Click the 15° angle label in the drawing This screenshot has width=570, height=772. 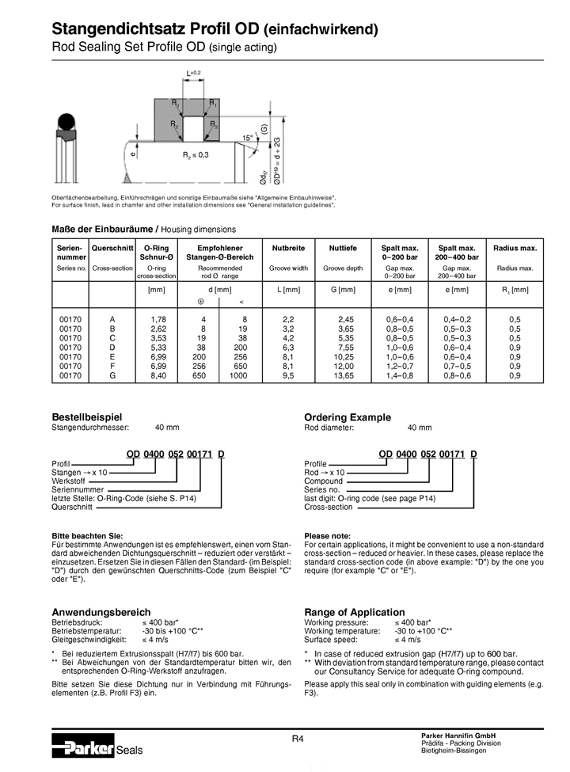pyautogui.click(x=248, y=138)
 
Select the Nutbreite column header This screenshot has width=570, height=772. pyautogui.click(x=288, y=249)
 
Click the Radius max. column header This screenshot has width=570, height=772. pyautogui.click(x=515, y=249)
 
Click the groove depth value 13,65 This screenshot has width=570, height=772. pyautogui.click(x=343, y=375)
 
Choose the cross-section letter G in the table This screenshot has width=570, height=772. pyautogui.click(x=112, y=375)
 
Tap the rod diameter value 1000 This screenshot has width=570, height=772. pyautogui.click(x=237, y=375)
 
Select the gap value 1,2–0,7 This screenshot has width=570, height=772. pyautogui.click(x=399, y=366)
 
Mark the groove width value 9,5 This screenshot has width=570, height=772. pyautogui.click(x=288, y=375)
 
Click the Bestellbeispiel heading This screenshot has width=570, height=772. pyautogui.click(x=87, y=416)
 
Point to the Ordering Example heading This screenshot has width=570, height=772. pyautogui.click(x=348, y=416)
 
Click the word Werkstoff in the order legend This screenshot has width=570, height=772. pyautogui.click(x=69, y=481)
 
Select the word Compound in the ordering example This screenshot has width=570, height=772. pyautogui.click(x=324, y=481)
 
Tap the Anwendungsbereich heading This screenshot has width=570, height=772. pyautogui.click(x=101, y=612)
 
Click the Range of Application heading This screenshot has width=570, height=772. pyautogui.click(x=355, y=612)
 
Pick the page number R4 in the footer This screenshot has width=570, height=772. pyautogui.click(x=298, y=739)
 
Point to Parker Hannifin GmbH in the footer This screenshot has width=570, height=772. pyautogui.click(x=458, y=736)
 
